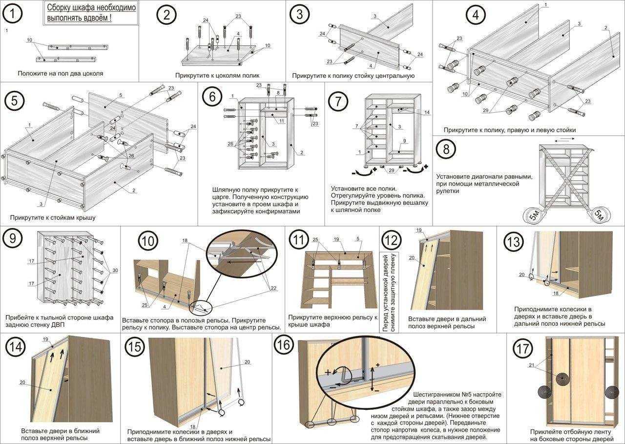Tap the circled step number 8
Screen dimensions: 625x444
point(446,149)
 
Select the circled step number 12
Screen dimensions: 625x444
point(391,240)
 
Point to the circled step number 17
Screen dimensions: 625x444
point(523,349)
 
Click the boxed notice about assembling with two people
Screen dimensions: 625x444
point(91,13)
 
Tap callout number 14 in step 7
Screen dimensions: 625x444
point(427,112)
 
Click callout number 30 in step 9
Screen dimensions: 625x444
point(115,270)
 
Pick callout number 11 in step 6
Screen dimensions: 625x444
point(282,121)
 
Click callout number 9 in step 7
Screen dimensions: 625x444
point(405,141)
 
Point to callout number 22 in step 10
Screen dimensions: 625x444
point(273,288)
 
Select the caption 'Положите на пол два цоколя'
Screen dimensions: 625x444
point(61,74)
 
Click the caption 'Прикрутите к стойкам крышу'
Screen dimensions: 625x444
point(53,217)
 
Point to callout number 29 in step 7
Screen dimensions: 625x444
point(392,170)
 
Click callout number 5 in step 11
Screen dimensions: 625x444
point(358,239)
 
